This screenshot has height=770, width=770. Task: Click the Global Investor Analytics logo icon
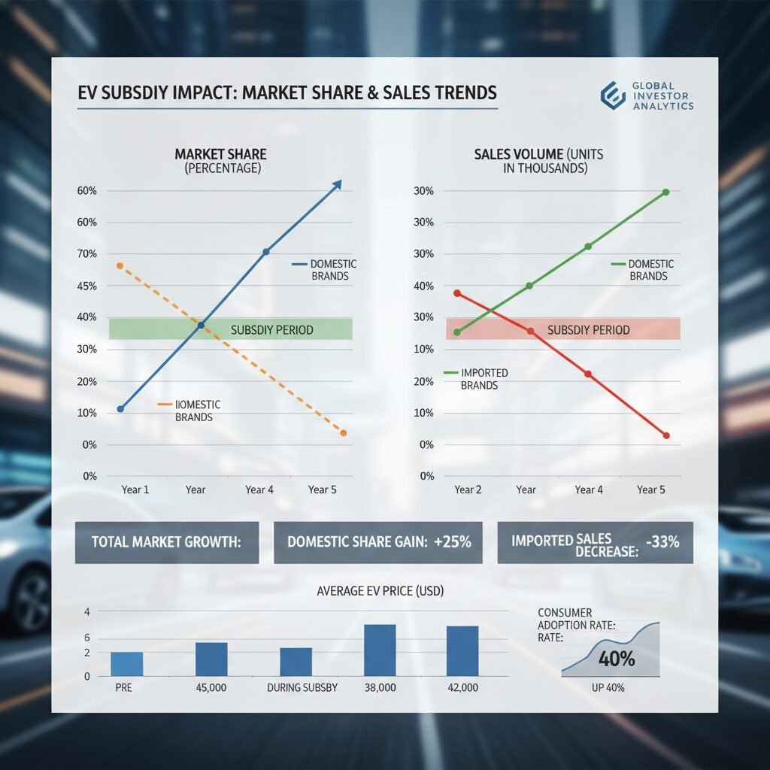(x=613, y=95)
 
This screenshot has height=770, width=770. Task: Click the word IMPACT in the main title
(x=200, y=93)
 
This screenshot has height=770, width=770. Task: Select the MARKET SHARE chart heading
(x=220, y=154)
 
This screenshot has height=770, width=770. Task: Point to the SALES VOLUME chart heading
(x=538, y=154)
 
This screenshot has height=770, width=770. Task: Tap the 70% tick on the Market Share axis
(x=87, y=254)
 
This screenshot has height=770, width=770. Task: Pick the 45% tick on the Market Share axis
(x=87, y=286)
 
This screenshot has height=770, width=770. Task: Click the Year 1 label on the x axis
(x=135, y=490)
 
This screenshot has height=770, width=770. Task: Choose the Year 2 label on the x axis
(x=468, y=490)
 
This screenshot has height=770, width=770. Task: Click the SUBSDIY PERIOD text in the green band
(x=271, y=329)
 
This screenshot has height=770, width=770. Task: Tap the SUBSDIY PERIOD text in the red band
(x=588, y=329)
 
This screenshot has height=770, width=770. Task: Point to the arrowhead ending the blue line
(x=338, y=183)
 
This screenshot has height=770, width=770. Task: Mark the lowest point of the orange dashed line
(x=344, y=433)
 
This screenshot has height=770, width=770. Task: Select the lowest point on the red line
(x=666, y=435)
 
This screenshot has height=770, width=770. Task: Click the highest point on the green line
(x=666, y=192)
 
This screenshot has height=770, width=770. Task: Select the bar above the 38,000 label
(x=380, y=650)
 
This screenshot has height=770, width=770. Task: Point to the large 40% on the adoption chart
(x=617, y=659)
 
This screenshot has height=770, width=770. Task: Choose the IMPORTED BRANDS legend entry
(x=479, y=379)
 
